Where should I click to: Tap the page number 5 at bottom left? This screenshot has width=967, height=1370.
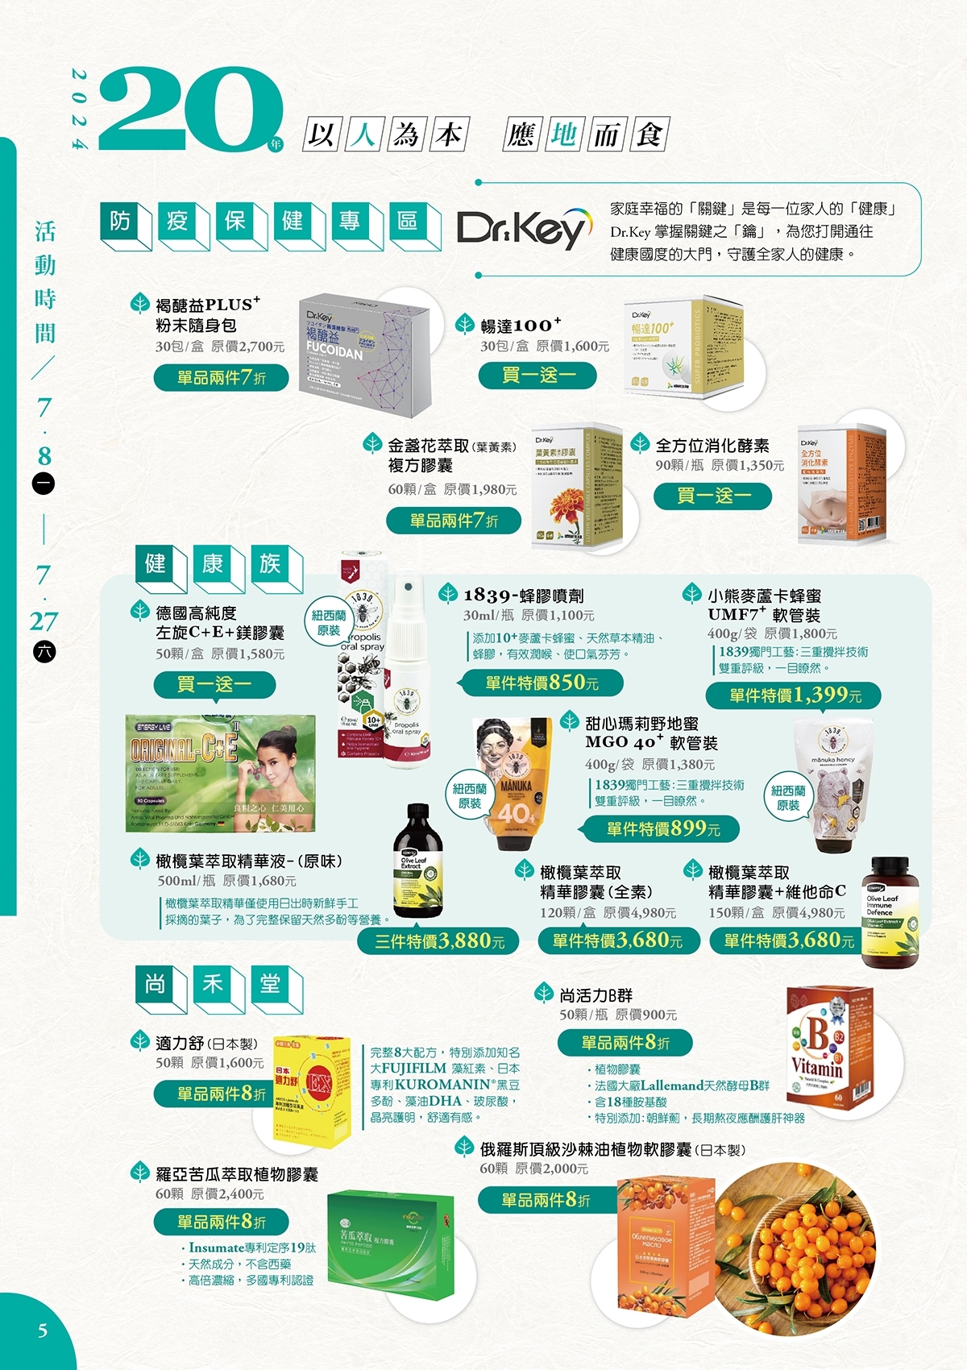[43, 1331]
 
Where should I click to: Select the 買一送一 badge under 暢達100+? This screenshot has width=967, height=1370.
[537, 375]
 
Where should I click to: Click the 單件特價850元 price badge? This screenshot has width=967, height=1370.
[542, 683]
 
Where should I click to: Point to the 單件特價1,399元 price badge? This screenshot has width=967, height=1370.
[794, 695]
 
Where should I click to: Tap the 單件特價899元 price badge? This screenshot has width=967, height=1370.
[662, 828]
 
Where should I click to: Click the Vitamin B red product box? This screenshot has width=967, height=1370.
[828, 1046]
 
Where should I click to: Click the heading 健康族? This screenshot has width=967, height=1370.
[213, 564]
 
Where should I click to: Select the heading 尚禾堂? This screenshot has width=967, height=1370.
[213, 984]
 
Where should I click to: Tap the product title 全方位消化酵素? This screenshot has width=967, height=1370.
[712, 446]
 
